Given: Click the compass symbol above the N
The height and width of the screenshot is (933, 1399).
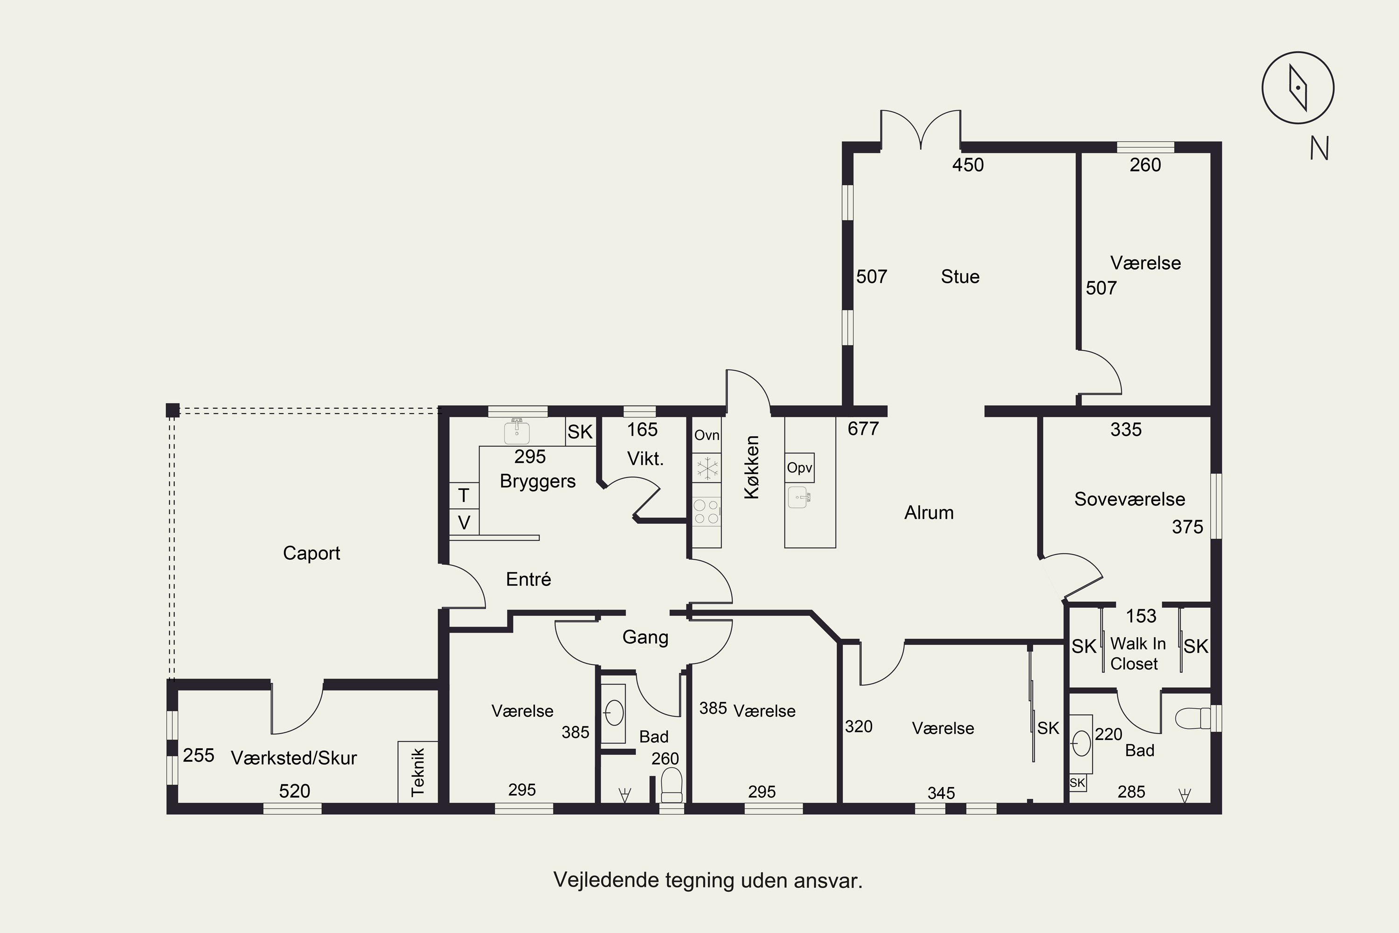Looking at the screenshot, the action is [x=1298, y=88].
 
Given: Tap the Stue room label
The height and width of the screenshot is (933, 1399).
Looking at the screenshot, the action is [x=960, y=277].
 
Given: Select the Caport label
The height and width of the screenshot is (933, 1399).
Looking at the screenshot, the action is [x=311, y=553].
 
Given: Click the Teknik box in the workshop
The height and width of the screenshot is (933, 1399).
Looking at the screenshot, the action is [x=417, y=772].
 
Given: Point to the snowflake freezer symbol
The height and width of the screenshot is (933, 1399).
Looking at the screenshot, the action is [x=706, y=468].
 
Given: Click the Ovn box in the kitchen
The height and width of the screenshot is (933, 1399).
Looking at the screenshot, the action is [x=706, y=435].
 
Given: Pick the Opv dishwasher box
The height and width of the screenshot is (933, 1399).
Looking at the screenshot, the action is [x=799, y=468].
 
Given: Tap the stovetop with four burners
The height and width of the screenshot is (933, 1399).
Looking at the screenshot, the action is [x=706, y=512].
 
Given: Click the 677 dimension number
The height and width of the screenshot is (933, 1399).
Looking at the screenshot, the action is [x=863, y=428].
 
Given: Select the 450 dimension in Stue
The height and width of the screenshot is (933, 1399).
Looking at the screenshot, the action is [x=968, y=165].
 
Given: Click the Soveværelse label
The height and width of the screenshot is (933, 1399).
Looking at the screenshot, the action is [x=1129, y=499].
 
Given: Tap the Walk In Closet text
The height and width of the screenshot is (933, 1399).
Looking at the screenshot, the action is [x=1137, y=654].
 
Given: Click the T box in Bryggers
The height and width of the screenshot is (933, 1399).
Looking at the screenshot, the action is [x=464, y=495].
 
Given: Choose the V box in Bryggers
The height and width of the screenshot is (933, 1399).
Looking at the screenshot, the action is [x=464, y=522].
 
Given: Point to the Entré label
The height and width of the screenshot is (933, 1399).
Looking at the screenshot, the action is [x=528, y=579].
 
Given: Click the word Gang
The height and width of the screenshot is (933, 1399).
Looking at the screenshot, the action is [x=645, y=637].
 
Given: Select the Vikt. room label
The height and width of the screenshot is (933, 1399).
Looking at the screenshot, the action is [x=645, y=459].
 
